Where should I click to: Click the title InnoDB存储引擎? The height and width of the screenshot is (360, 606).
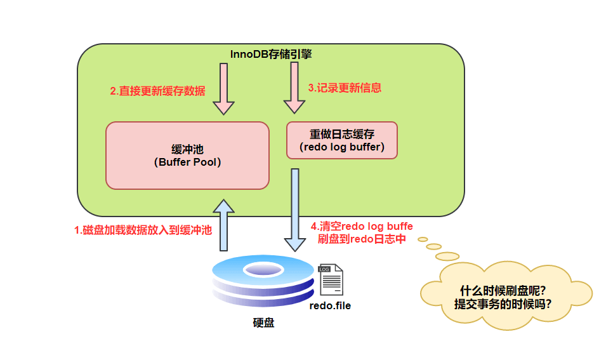pyautogui.click(x=270, y=54)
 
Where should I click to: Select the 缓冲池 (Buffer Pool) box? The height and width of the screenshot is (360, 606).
pyautogui.click(x=187, y=155)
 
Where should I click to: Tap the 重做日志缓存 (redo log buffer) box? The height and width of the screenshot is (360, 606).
pyautogui.click(x=342, y=141)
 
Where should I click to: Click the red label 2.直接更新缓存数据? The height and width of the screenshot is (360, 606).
pyautogui.click(x=157, y=91)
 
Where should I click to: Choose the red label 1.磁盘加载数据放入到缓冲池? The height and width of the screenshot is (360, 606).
pyautogui.click(x=143, y=230)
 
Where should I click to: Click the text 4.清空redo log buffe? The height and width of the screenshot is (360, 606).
pyautogui.click(x=362, y=226)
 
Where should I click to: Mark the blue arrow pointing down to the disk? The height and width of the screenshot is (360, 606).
pyautogui.click(x=294, y=210)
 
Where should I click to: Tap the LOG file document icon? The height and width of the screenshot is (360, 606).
pyautogui.click(x=331, y=280)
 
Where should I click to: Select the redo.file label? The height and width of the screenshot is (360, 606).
pyautogui.click(x=330, y=305)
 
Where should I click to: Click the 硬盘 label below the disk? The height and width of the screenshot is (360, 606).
pyautogui.click(x=263, y=323)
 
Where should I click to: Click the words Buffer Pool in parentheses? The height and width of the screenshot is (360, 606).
pyautogui.click(x=188, y=162)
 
